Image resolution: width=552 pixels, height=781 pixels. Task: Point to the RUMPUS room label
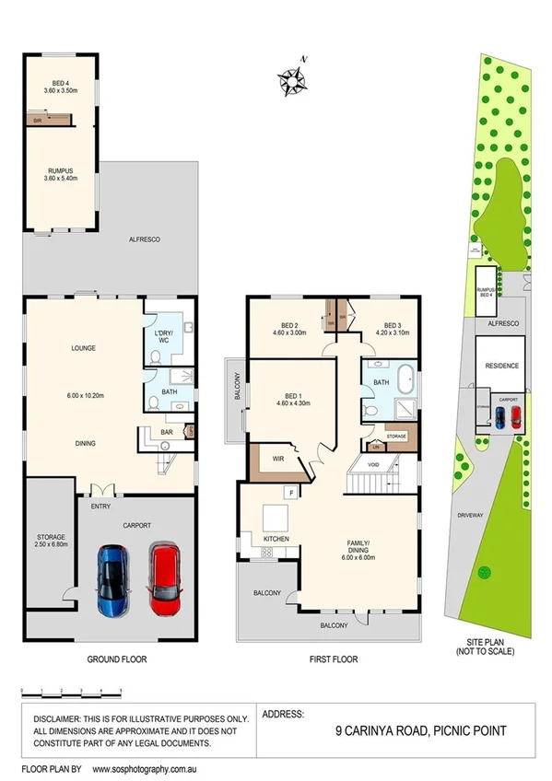click(61, 170)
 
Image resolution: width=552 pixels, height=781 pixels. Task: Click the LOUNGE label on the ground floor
click(85, 348)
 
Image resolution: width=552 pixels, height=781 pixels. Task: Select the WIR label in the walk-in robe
click(276, 459)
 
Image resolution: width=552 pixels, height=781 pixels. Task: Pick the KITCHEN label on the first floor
click(277, 538)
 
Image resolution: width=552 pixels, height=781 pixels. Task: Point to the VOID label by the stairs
click(372, 465)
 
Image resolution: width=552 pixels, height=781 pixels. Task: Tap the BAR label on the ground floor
click(167, 430)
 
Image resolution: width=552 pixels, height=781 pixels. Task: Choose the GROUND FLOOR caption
click(117, 659)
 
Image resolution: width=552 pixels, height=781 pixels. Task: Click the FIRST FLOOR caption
click(333, 659)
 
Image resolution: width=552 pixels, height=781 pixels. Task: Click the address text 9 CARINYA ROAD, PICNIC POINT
click(419, 730)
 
